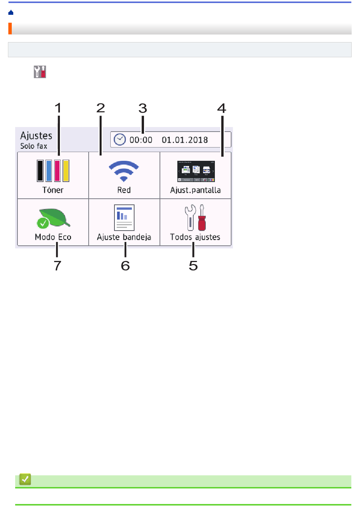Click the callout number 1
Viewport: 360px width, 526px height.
[x=58, y=108]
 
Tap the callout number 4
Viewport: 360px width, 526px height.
[x=222, y=108]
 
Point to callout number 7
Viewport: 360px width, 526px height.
[x=58, y=265]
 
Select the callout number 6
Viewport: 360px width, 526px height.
[x=125, y=265]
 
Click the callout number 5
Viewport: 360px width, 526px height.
[x=193, y=265]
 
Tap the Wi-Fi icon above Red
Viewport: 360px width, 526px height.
[x=124, y=171]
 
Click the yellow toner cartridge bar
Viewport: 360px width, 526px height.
[x=66, y=171]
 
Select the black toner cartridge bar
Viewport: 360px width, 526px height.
[x=40, y=171]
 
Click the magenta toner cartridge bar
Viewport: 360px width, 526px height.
[x=57, y=171]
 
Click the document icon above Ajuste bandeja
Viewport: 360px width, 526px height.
[x=124, y=217]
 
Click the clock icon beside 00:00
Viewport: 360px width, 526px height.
[x=120, y=140]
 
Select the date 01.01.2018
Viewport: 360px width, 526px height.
[x=185, y=140]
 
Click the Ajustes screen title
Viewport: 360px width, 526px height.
[x=36, y=136]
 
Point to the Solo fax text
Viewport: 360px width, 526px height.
[x=34, y=146]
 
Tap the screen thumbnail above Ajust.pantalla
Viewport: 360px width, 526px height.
[x=196, y=171]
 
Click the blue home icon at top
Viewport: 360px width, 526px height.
[x=11, y=13]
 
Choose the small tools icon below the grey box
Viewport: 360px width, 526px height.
[x=40, y=72]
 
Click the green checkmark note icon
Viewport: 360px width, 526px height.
[x=25, y=479]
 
